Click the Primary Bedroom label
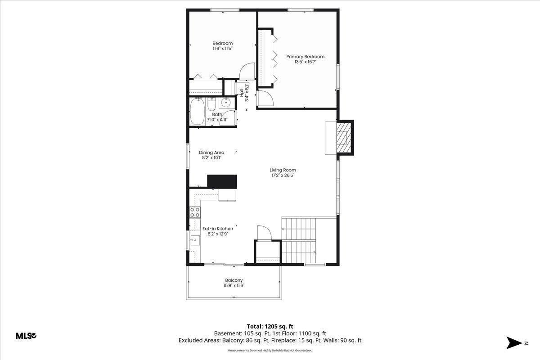(x=305, y=57)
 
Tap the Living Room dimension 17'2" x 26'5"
(x=283, y=176)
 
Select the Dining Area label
(x=211, y=153)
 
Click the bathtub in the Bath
(x=198, y=112)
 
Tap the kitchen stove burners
(x=195, y=212)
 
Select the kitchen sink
(x=194, y=240)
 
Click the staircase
(x=299, y=238)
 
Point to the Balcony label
(x=234, y=280)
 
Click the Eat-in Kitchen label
(x=217, y=229)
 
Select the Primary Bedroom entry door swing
(x=264, y=98)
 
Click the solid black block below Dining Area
(x=221, y=181)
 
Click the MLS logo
(x=26, y=336)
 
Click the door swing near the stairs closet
(x=264, y=233)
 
